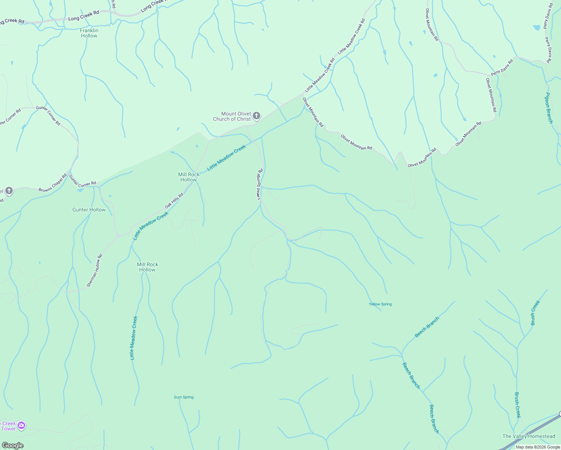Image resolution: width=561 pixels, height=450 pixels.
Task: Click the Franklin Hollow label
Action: click(x=89, y=33)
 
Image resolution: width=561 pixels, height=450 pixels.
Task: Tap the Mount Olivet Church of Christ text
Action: click(x=232, y=116)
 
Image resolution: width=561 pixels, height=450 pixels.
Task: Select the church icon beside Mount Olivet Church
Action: click(x=256, y=116)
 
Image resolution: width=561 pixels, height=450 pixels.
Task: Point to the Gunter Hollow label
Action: click(x=89, y=210)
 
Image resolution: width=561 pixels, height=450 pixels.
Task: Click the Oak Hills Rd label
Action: click(x=174, y=201)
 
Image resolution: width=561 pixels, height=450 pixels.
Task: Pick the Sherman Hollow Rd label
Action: click(x=94, y=271)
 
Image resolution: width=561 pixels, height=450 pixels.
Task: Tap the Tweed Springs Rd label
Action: click(x=260, y=184)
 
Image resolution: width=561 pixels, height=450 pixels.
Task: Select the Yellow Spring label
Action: click(x=380, y=304)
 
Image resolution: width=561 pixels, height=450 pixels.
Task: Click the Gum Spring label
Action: click(x=184, y=397)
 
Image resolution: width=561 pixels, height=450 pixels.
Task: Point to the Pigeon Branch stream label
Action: click(x=549, y=108)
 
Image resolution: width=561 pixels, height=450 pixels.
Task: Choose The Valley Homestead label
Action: click(x=529, y=436)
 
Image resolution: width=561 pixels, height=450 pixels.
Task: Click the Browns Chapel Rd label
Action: click(x=52, y=183)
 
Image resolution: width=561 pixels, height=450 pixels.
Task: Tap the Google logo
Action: click(x=12, y=445)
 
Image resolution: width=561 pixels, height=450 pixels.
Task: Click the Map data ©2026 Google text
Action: click(x=538, y=447)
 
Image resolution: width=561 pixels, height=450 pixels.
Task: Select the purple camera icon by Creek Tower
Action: click(x=22, y=425)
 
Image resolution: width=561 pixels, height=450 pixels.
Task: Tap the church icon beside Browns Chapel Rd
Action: click(x=9, y=191)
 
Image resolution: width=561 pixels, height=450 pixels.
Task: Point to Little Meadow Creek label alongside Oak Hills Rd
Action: click(x=151, y=225)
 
